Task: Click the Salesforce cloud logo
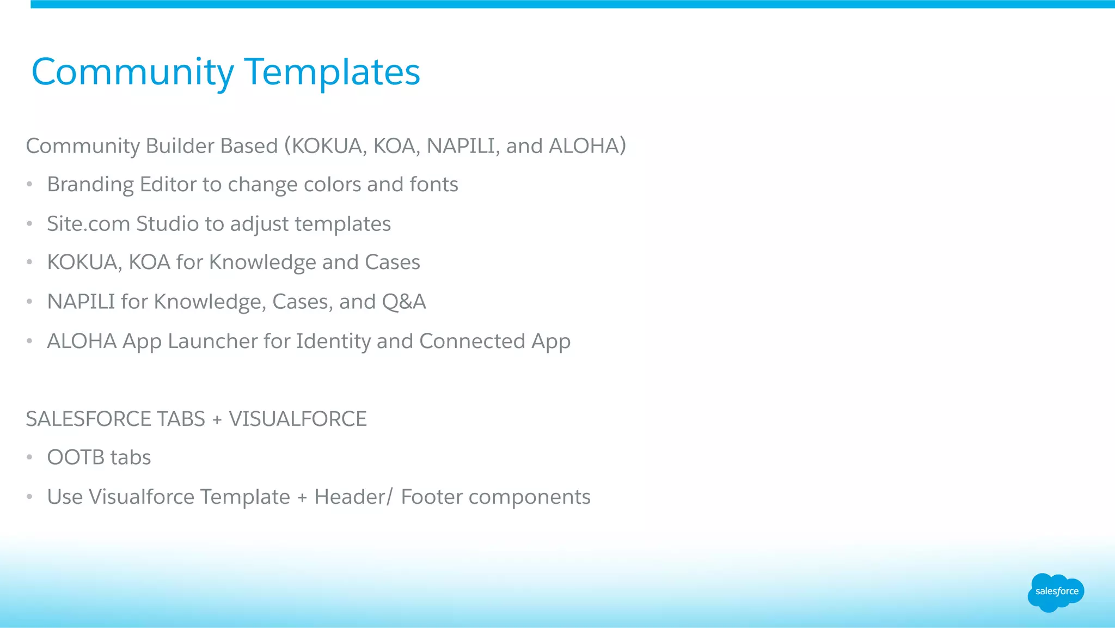point(1056,592)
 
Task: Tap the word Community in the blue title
point(132,72)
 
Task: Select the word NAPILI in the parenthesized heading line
point(461,146)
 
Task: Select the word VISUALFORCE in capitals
point(297,419)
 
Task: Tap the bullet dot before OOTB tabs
point(30,458)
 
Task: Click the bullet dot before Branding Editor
point(30,185)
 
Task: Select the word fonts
point(433,185)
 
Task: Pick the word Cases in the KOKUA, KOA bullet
point(392,263)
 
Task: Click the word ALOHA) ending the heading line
point(587,146)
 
